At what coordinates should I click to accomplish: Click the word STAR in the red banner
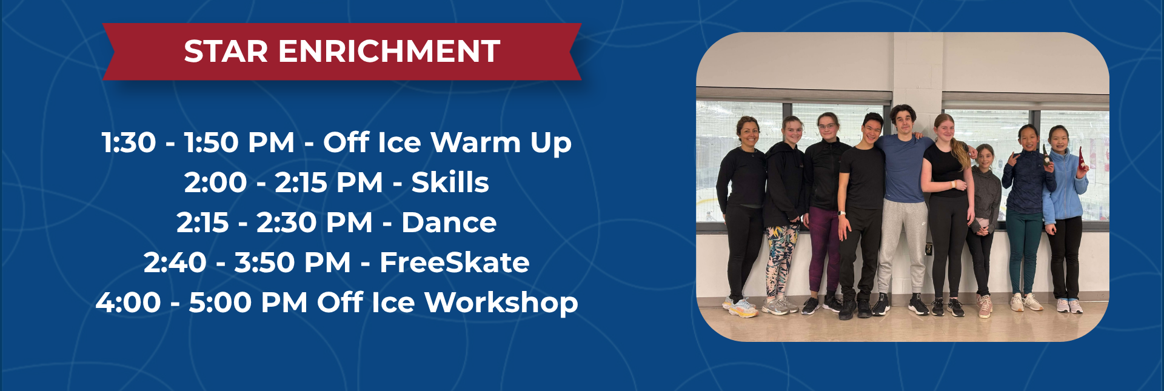pos(226,52)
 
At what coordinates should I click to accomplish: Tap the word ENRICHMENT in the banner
pos(389,52)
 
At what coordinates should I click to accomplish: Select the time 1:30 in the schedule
pos(129,143)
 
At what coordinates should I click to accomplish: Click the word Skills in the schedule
pos(450,182)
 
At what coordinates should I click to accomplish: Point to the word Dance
pos(449,222)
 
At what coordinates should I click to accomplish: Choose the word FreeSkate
pos(454,262)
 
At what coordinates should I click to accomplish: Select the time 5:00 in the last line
pos(220,303)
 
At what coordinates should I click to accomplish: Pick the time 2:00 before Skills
pos(216,182)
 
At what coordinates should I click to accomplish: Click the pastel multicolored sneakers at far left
pos(740,307)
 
